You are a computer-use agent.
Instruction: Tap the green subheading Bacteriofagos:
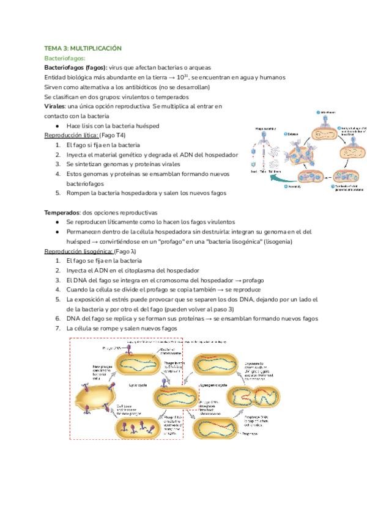tap(65, 57)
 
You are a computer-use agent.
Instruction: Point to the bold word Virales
tap(55, 106)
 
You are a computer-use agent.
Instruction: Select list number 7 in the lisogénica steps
tap(57, 328)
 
